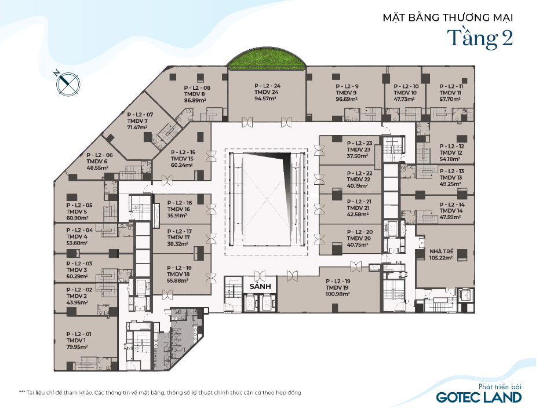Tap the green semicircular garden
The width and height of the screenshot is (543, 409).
click(x=267, y=61)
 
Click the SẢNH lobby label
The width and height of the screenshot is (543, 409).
click(x=260, y=286)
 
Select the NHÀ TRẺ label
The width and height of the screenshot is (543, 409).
click(x=441, y=251)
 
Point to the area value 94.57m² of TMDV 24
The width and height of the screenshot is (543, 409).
click(x=265, y=98)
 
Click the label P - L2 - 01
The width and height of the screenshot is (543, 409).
click(x=79, y=334)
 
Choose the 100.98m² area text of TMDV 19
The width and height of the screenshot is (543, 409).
click(x=338, y=294)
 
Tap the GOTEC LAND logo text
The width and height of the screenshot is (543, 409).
click(x=479, y=397)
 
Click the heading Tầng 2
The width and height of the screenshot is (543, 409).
click(x=480, y=38)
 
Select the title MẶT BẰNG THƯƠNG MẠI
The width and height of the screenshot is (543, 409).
click(x=448, y=17)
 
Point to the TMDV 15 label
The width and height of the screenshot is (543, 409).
click(x=182, y=159)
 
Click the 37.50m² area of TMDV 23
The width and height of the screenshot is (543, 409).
click(x=358, y=156)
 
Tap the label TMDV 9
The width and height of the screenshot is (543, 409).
click(x=346, y=93)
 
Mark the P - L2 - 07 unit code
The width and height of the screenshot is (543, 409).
click(x=140, y=115)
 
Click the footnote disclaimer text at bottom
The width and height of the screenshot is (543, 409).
click(x=160, y=393)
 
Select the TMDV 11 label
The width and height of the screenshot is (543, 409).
click(x=450, y=93)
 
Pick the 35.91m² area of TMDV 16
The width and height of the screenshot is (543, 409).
click(x=177, y=216)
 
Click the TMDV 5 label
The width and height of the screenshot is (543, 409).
click(x=76, y=211)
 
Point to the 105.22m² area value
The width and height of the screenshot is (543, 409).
click(x=441, y=258)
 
